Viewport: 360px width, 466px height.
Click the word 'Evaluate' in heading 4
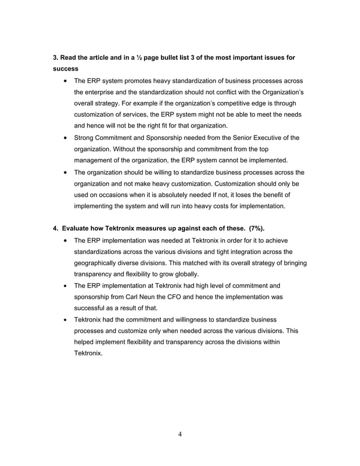(77, 228)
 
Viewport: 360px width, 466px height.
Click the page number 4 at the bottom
(179, 434)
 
